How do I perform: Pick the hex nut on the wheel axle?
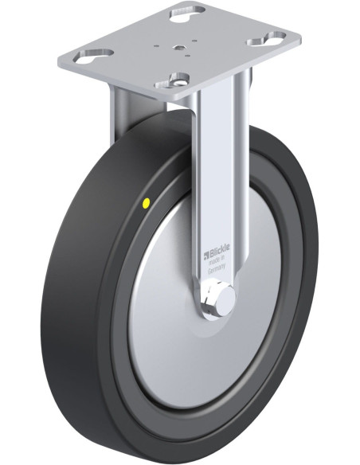click(x=213, y=303)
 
